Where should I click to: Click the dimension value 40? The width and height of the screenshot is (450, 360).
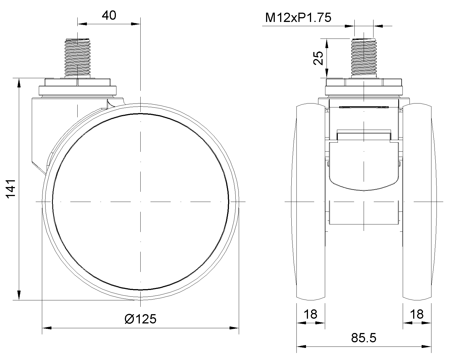coord(109,15)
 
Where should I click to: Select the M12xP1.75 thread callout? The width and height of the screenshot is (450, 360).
coord(298,17)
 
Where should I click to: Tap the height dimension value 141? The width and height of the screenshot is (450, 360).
coord(11,188)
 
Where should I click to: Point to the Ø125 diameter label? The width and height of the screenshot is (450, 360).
coord(140,319)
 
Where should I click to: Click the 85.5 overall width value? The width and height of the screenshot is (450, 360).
coord(364,338)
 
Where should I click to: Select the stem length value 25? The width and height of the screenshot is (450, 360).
coord(318,58)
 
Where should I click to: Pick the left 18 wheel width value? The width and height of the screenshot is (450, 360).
coord(310,314)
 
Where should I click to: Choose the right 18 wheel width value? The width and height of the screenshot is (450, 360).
coord(417,314)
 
